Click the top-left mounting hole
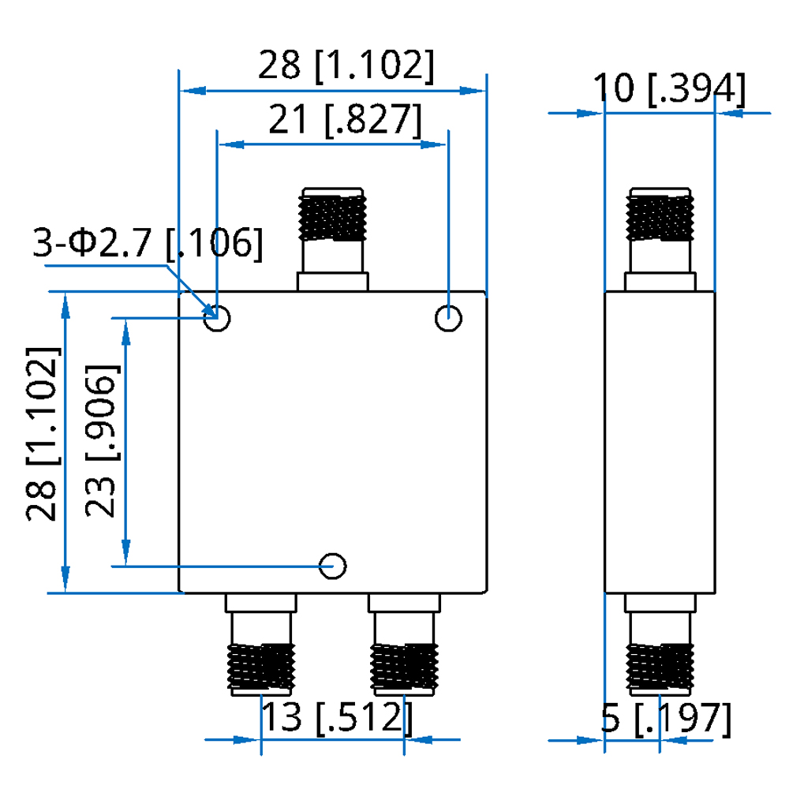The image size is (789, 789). pos(216,320)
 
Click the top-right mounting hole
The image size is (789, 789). pos(449,320)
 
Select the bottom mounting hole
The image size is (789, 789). pos(333,565)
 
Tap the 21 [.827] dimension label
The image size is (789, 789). pos(345,121)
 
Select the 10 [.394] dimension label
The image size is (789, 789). pos(669,88)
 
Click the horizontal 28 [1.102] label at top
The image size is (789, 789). pos(346,66)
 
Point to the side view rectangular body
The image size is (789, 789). pos(660,442)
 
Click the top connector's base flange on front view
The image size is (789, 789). pos(332,281)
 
